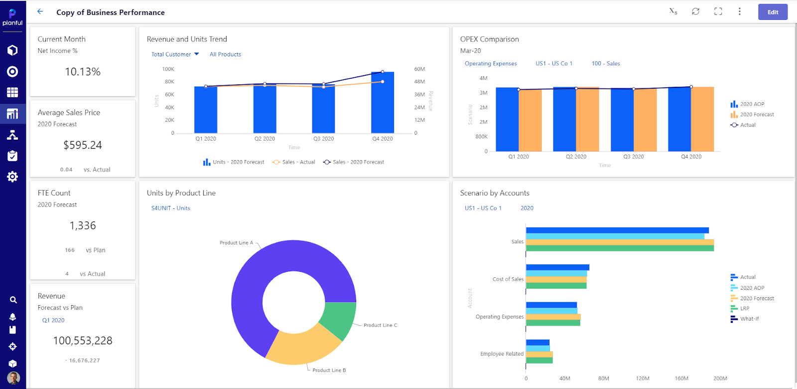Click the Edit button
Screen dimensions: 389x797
(x=773, y=12)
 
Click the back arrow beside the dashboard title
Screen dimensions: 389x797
(x=40, y=11)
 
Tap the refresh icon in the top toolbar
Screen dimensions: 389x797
(x=695, y=11)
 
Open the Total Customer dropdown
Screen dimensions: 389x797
(x=175, y=54)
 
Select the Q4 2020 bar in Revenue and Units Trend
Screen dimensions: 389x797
(x=383, y=102)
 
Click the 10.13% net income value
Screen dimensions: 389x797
(x=83, y=72)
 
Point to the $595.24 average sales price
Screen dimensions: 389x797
(x=83, y=145)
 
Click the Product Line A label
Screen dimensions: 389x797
(x=236, y=243)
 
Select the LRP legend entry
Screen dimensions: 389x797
(x=744, y=309)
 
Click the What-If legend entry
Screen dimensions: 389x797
(x=749, y=319)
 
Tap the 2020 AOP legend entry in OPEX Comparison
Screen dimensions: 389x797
(x=752, y=104)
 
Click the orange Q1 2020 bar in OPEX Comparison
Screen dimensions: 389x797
(x=530, y=120)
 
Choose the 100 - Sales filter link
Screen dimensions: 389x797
(x=606, y=64)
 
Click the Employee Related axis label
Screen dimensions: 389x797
(x=502, y=354)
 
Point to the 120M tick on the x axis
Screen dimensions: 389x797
(x=643, y=379)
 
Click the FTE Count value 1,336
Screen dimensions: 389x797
(x=83, y=226)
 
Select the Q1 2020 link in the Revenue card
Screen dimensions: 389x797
(x=53, y=321)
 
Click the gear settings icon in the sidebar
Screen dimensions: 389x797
(x=12, y=177)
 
